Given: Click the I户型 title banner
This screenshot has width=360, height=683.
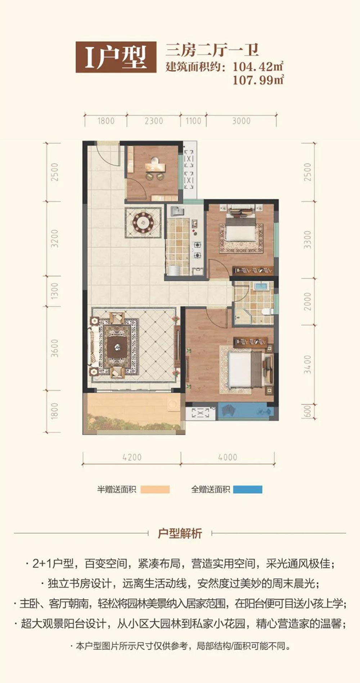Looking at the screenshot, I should [x=116, y=57].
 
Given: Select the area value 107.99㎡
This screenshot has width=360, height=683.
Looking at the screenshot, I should [x=258, y=80].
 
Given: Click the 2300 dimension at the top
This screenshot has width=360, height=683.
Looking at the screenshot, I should [x=154, y=121].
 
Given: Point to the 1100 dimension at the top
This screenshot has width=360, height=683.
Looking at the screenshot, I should [x=193, y=121].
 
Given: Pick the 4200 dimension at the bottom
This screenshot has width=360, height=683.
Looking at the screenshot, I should [x=132, y=457].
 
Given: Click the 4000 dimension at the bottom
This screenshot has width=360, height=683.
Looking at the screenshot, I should [x=228, y=457].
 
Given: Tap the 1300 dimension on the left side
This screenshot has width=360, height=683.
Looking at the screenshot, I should [x=54, y=291].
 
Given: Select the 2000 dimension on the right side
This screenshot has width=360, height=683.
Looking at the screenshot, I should [x=307, y=302].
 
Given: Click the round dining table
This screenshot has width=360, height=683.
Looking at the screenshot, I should [x=143, y=222].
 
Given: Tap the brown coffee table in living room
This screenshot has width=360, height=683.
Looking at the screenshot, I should [x=117, y=347].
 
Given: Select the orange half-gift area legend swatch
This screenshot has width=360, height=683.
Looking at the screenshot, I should [x=155, y=489].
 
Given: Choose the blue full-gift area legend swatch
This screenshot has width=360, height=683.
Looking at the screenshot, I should [x=248, y=489].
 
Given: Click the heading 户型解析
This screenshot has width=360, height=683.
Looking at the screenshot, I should [x=180, y=533].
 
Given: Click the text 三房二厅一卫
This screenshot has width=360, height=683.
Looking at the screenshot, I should [x=212, y=50].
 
